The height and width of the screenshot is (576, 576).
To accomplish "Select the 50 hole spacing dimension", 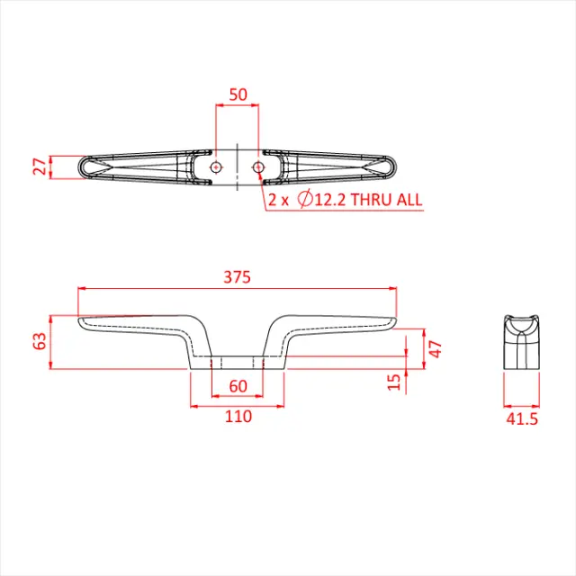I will (237, 94).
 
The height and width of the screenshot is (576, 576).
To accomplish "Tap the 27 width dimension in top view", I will (38, 166).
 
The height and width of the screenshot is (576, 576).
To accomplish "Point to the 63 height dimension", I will (39, 341).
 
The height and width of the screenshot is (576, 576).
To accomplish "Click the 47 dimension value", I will (435, 349).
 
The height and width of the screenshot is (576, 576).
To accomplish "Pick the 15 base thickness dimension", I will (392, 382).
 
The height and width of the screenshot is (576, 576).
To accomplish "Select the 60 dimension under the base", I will (238, 386).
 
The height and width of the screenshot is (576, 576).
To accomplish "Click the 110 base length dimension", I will (238, 416).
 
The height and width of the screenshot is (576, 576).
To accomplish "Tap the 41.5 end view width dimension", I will (522, 418).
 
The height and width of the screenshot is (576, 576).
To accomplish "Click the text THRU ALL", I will (386, 200).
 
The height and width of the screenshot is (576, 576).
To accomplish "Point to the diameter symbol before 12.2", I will (303, 200).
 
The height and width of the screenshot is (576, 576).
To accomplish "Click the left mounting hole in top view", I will (216, 167).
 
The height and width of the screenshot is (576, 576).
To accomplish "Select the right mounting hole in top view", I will (258, 167).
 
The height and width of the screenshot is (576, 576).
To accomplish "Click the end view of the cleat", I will (521, 341).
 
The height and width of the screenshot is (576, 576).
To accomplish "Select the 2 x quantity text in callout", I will (277, 200).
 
